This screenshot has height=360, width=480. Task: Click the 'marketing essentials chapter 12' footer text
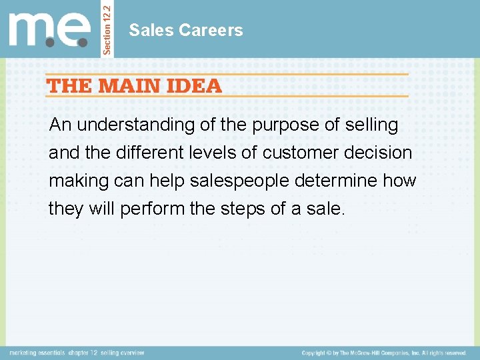coord(77,353)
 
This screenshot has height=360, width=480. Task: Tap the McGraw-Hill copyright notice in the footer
coord(383,353)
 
